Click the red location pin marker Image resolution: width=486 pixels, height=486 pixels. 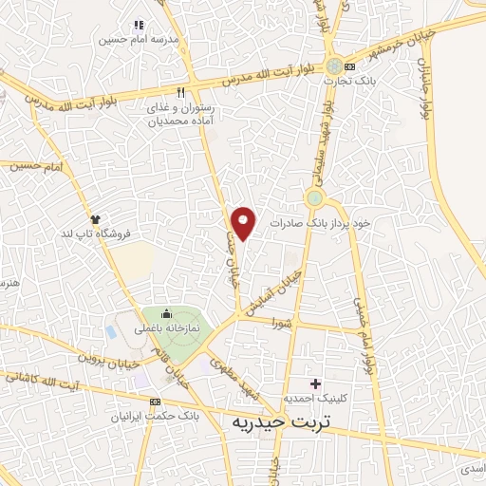coord(244,223)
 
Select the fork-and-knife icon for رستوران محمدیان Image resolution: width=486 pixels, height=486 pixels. coord(153,94)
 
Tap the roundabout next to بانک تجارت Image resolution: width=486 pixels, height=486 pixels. coord(335,66)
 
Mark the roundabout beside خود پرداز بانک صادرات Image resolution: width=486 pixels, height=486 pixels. coord(314,198)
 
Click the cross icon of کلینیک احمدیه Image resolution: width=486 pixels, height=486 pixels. coord(315,383)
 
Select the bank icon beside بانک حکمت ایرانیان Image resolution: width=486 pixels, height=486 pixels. coord(155,402)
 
